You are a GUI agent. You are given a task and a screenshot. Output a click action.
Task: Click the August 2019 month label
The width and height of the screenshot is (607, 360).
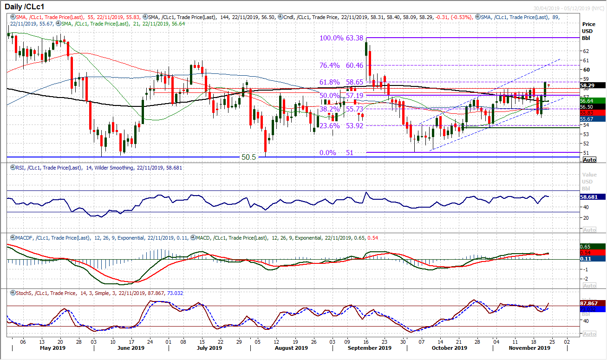coord(291,348)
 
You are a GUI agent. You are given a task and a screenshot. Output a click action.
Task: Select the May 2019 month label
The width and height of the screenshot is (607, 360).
coord(53,348)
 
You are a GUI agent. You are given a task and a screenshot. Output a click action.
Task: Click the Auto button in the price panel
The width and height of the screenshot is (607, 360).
coord(589,160)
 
